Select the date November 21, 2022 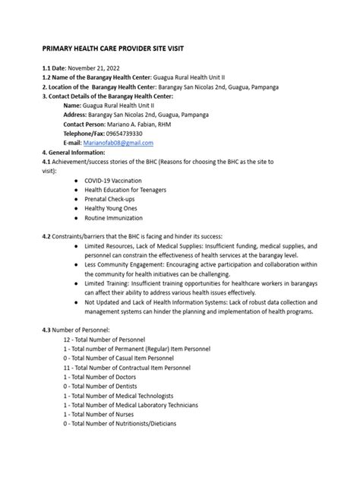(100, 69)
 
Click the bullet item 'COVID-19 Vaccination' (115, 181)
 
